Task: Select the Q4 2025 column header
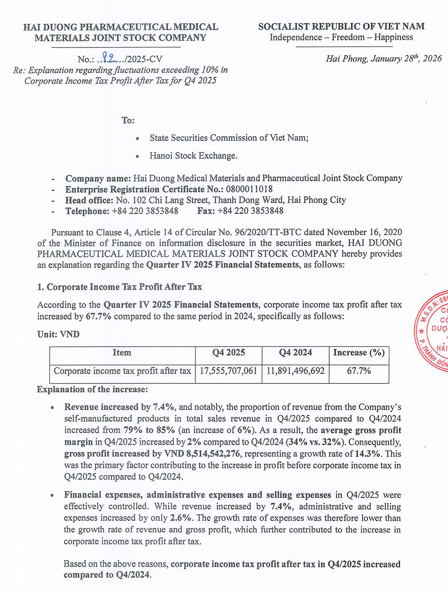click(228, 353)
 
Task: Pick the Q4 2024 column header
click(295, 353)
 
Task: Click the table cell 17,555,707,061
click(228, 371)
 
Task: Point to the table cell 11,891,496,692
click(295, 371)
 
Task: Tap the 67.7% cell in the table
click(359, 371)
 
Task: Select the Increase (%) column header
click(359, 353)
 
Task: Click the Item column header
click(122, 353)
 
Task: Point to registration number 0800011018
click(249, 189)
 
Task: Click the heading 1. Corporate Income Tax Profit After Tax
click(120, 287)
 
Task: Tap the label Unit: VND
click(58, 334)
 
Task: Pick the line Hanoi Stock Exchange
click(194, 156)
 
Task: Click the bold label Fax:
click(206, 211)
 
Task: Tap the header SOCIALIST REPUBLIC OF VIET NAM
click(341, 26)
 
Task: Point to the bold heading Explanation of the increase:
click(92, 390)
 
